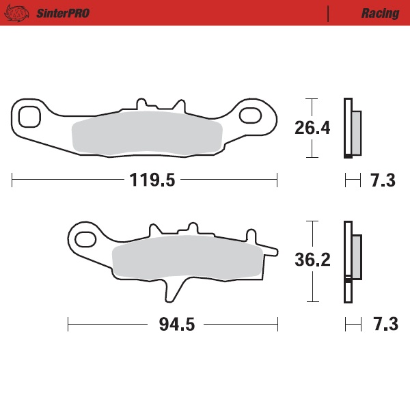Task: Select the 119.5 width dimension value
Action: [152, 180]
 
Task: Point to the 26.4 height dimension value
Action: [312, 128]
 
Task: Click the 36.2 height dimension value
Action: [312, 260]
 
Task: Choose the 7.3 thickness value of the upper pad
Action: [383, 180]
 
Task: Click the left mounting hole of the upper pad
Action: [30, 116]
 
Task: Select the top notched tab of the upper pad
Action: [161, 104]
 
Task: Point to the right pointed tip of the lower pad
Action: [274, 249]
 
